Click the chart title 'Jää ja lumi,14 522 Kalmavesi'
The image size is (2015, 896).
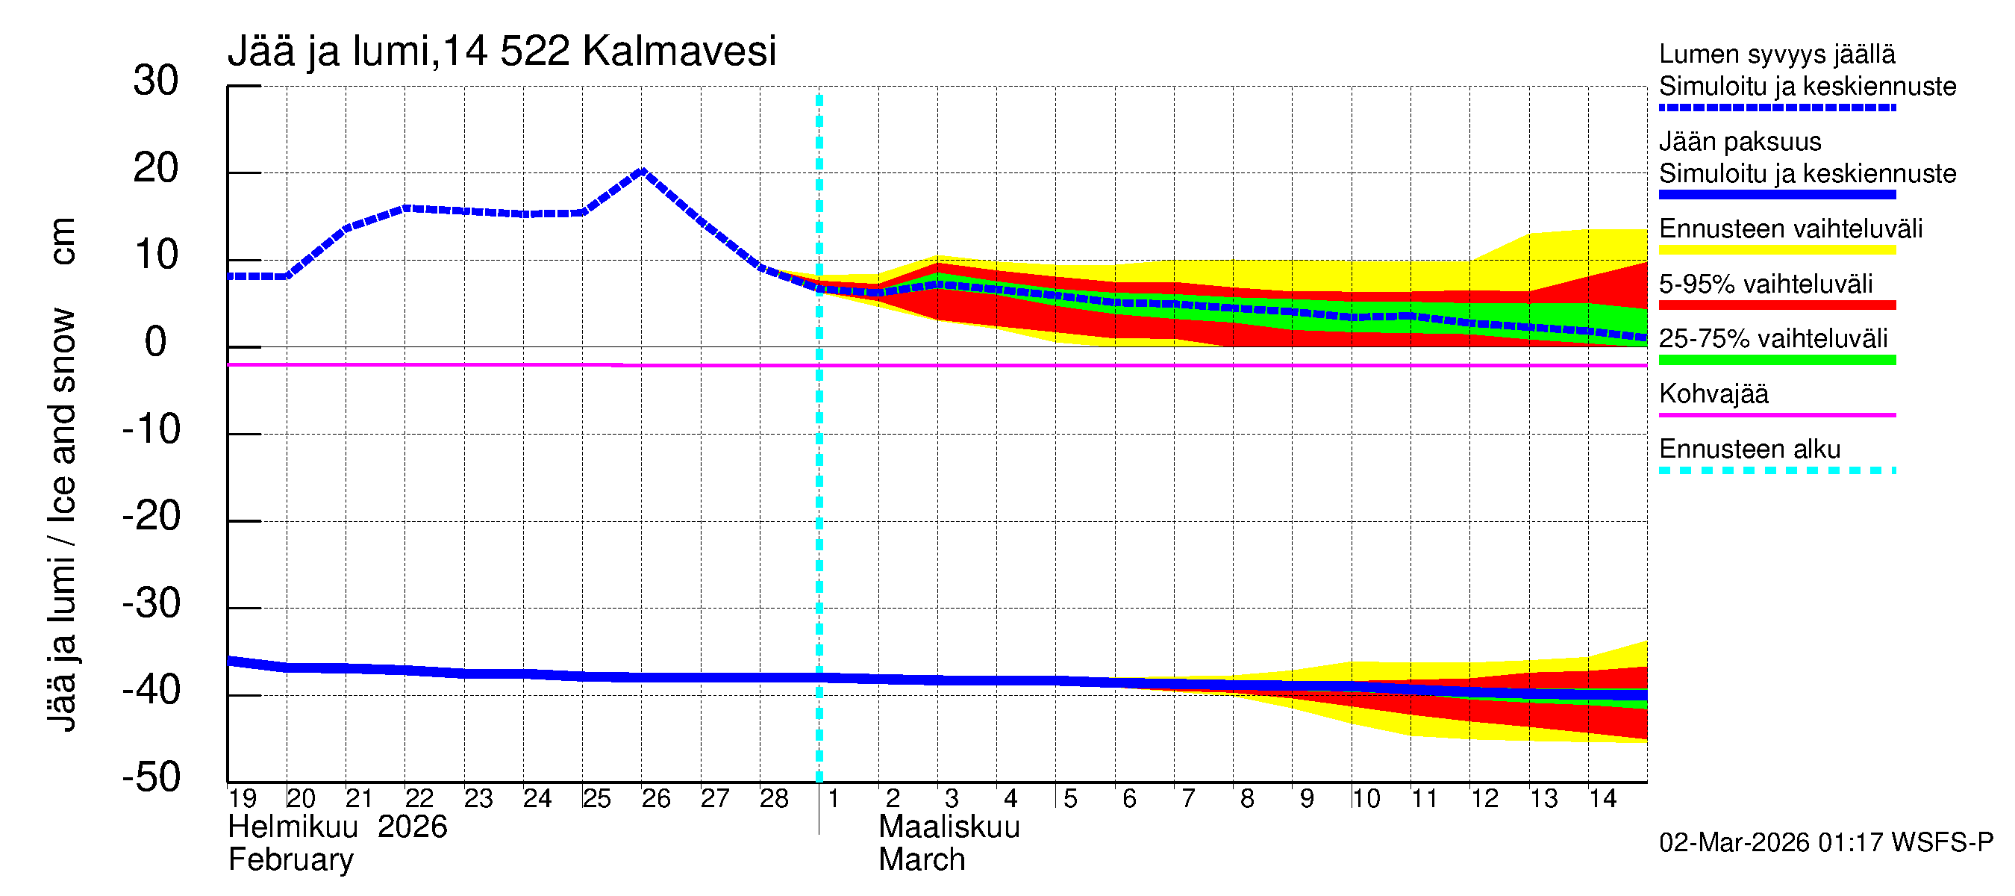click(502, 52)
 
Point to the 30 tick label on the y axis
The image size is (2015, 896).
click(156, 81)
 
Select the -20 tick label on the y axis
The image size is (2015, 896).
click(151, 517)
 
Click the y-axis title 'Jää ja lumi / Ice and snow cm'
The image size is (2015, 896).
click(62, 474)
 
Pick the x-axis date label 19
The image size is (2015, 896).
click(243, 799)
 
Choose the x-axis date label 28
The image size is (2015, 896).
click(774, 799)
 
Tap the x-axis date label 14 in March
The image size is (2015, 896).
click(1602, 799)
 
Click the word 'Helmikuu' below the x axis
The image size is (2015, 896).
click(293, 827)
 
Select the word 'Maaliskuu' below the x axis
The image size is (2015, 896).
click(949, 827)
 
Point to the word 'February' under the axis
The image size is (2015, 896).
click(290, 860)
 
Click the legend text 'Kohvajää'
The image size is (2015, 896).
click(1713, 393)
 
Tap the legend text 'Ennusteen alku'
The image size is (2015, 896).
click(1750, 449)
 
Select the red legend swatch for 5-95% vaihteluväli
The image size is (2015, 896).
click(1776, 305)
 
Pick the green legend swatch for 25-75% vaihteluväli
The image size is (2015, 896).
click(1776, 360)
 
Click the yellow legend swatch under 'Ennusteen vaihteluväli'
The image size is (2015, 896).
click(1776, 250)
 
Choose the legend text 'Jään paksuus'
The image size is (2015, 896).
click(1740, 142)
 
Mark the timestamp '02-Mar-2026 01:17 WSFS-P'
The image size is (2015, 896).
click(1825, 843)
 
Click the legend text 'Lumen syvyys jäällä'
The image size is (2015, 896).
click(1776, 54)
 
